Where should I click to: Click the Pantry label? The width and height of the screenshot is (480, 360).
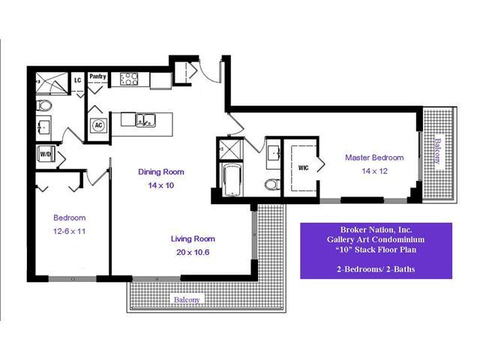click(97, 76)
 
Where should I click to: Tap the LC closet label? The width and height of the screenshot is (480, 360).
click(77, 80)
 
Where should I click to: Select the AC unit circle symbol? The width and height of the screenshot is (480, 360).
click(98, 125)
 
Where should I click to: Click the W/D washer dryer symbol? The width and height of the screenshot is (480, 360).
click(46, 154)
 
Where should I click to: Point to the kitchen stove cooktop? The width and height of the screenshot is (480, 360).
click(129, 79)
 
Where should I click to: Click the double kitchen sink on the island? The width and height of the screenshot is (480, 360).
click(145, 120)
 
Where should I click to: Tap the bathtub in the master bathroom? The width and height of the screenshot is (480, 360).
click(232, 180)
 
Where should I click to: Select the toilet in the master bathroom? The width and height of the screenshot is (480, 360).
click(272, 184)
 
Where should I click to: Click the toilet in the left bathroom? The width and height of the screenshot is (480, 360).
click(43, 106)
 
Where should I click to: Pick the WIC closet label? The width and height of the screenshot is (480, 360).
click(303, 168)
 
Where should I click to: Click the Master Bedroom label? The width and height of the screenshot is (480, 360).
click(374, 157)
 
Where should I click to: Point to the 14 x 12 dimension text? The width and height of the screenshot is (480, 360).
click(374, 171)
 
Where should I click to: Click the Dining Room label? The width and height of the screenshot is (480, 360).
click(161, 172)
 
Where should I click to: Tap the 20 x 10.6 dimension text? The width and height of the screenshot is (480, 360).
click(193, 252)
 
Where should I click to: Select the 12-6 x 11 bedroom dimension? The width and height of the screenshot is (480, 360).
click(69, 231)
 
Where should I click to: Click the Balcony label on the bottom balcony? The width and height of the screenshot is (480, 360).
click(187, 300)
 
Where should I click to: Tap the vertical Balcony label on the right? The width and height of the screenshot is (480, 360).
click(438, 151)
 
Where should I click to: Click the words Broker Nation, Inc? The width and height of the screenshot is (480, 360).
click(376, 229)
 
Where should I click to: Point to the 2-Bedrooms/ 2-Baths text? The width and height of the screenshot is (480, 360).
click(376, 269)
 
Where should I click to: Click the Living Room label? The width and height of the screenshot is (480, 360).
click(193, 238)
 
